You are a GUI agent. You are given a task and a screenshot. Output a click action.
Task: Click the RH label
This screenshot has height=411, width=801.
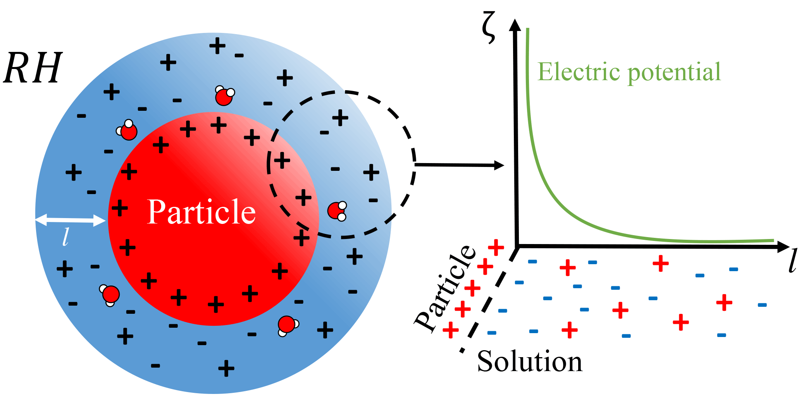tap(33, 68)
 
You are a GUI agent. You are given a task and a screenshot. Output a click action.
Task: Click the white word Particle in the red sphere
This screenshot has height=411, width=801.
tap(202, 212)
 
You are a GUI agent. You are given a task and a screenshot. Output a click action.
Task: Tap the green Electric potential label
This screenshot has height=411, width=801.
tap(629, 72)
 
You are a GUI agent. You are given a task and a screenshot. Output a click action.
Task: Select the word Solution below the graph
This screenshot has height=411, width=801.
tap(529, 361)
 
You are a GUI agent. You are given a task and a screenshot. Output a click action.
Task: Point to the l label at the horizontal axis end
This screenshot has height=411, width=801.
tap(792, 261)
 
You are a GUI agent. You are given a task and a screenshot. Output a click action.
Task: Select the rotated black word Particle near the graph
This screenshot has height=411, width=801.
tap(446, 289)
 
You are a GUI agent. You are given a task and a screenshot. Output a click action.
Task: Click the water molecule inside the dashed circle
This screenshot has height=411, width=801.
tap(337, 211)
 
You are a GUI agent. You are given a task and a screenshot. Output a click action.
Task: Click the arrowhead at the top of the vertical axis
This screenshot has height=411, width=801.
tap(515, 25)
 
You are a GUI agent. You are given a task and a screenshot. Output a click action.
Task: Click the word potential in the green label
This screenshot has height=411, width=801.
tap(674, 73)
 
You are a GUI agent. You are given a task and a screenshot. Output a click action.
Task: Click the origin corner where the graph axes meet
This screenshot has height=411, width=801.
tap(517, 246)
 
